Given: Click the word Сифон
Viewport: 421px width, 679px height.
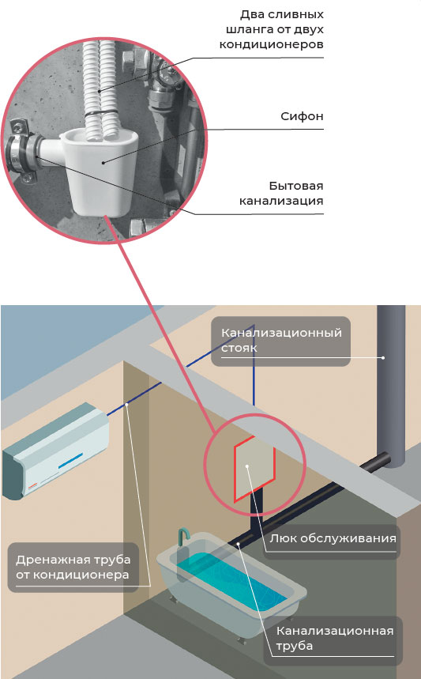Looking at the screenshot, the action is (302, 116).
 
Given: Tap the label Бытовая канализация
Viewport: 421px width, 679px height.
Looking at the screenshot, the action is (281, 193).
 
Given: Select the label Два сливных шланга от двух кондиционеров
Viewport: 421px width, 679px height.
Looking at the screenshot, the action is (271, 29).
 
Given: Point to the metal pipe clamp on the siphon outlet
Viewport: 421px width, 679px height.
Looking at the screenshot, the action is (21, 153).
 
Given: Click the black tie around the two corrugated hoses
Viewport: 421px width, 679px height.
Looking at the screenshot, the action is (101, 114).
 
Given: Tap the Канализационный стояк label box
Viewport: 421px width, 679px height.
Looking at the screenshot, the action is (281, 341).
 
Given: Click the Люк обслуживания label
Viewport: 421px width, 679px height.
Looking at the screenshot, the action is (332, 540).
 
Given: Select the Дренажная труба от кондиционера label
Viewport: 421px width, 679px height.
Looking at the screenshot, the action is (73, 568).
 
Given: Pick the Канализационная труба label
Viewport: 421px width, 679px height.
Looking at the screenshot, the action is (334, 639).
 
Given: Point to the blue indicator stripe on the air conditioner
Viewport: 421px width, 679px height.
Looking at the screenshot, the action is (70, 459).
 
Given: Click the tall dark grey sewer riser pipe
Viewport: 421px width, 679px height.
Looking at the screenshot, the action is (391, 386).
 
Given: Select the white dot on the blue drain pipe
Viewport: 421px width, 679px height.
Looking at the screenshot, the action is (127, 405).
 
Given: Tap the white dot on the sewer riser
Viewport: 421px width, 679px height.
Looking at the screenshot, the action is (383, 358).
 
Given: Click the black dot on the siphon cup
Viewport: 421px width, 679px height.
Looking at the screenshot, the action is (103, 162).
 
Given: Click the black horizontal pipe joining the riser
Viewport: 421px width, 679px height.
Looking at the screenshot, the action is (374, 462).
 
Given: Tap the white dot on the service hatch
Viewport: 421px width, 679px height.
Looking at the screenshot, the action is (247, 466).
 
